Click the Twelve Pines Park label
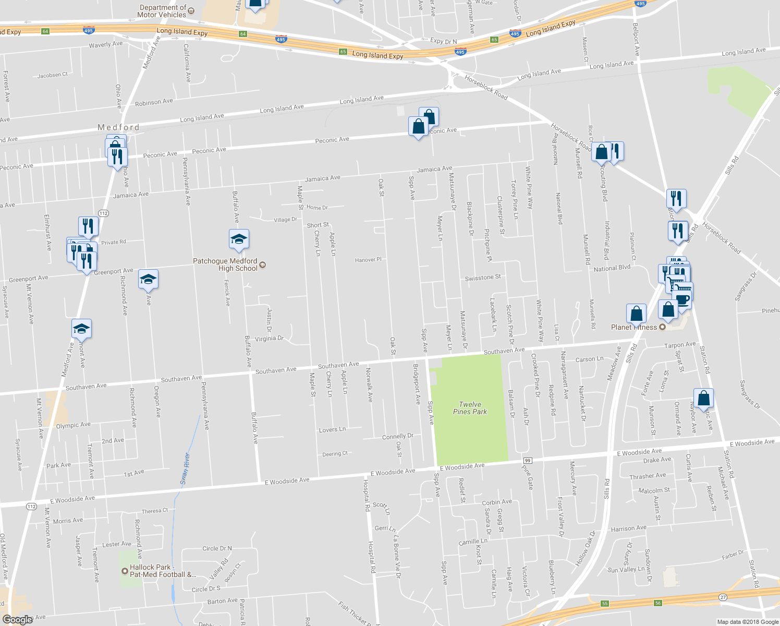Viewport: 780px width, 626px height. pyautogui.click(x=470, y=408)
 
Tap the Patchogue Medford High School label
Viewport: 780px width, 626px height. pyautogui.click(x=225, y=264)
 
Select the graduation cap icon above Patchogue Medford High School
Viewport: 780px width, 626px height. pyautogui.click(x=239, y=239)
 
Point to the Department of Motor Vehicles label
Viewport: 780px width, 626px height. pyautogui.click(x=162, y=11)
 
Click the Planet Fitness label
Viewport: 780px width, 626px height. pyautogui.click(x=634, y=327)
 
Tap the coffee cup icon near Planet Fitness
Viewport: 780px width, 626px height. pyautogui.click(x=682, y=299)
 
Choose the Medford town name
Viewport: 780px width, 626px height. pyautogui.click(x=119, y=127)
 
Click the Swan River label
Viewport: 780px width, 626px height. pyautogui.click(x=185, y=468)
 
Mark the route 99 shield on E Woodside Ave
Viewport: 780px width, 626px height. pyautogui.click(x=528, y=461)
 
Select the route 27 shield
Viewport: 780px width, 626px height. pyautogui.click(x=723, y=597)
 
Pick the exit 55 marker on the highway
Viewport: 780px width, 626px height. pyautogui.click(x=604, y=604)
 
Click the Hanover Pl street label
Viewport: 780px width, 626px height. pyautogui.click(x=368, y=260)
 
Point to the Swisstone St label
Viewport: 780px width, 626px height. pyautogui.click(x=482, y=278)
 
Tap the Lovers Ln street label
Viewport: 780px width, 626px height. pyautogui.click(x=332, y=430)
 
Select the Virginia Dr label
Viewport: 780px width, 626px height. pyautogui.click(x=269, y=339)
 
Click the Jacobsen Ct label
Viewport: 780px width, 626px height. pyautogui.click(x=52, y=75)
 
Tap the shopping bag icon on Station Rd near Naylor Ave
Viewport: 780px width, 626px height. pyautogui.click(x=703, y=399)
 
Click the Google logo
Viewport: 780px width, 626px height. pyautogui.click(x=17, y=619)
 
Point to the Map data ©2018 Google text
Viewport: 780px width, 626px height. pyautogui.click(x=748, y=622)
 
